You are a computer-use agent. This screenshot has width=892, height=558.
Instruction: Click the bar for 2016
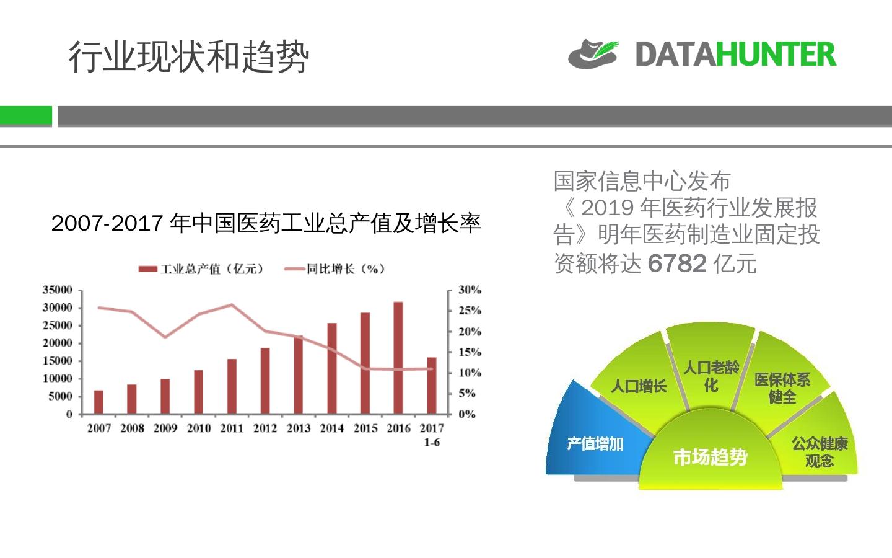coord(398,358)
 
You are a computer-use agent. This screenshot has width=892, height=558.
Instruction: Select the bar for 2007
coord(98,402)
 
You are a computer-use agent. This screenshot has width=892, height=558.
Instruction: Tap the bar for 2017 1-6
coord(432,385)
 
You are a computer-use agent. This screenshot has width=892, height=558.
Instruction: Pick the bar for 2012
coord(265,381)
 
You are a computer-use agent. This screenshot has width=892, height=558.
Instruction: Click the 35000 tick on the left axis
coord(58,290)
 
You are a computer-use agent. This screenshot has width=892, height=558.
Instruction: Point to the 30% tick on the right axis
coord(470,290)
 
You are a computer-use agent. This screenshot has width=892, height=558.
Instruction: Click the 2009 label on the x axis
coord(165,428)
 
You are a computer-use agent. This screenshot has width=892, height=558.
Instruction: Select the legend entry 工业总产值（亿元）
coord(201,268)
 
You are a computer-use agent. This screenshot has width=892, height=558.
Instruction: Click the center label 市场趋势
coord(711,458)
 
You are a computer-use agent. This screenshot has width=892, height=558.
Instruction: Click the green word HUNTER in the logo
coord(776,55)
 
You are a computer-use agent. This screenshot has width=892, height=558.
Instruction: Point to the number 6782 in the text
coord(677,263)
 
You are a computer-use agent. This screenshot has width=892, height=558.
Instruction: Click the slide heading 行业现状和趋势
coord(188,57)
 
